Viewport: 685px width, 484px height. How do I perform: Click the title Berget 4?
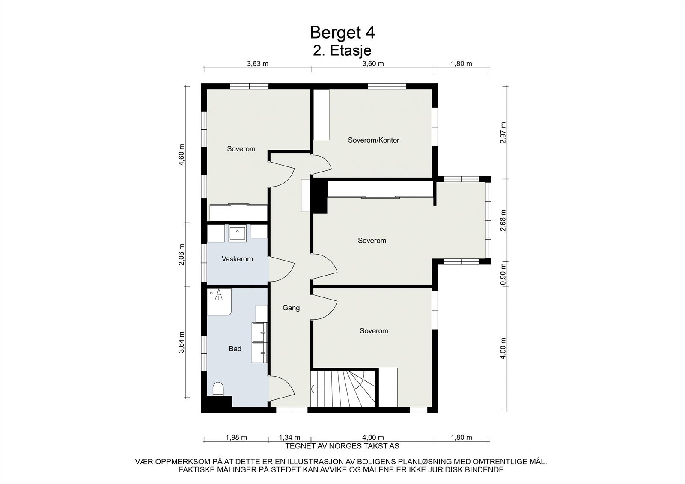point(342,33)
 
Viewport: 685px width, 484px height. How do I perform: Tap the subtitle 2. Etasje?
point(342,51)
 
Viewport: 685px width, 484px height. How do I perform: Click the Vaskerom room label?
point(237,259)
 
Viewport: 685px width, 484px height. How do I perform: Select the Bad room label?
point(235,348)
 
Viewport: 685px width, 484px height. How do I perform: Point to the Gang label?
point(291,308)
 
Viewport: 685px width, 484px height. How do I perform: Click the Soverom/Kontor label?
point(374,140)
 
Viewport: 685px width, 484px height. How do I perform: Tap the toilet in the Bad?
point(218,389)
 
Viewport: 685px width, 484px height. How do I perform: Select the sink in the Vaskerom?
point(237,234)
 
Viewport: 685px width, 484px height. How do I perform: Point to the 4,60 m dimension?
point(182,154)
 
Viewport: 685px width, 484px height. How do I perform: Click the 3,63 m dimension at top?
point(257,64)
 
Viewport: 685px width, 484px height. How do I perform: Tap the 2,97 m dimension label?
point(503,133)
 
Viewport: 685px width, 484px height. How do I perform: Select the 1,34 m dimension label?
point(289,437)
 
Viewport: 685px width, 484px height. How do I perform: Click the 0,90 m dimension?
point(503,274)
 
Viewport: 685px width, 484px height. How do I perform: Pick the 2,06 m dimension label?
point(182,255)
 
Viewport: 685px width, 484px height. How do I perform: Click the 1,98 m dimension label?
point(236,437)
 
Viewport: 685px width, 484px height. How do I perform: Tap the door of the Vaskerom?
point(281,269)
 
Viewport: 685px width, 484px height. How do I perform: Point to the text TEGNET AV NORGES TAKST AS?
point(342,446)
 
